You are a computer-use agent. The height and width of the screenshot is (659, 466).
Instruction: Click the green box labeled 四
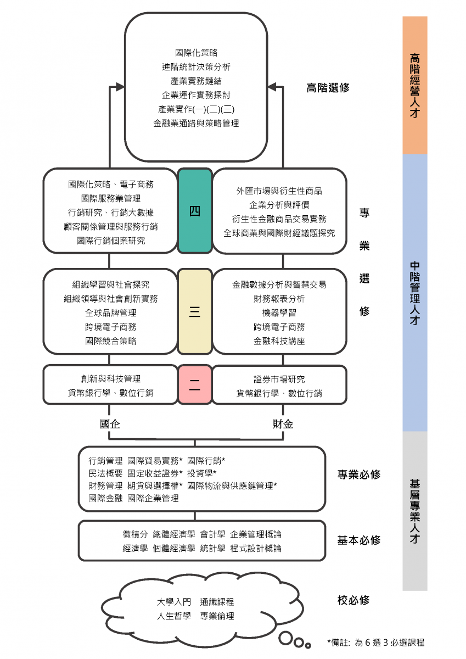coord(195,211)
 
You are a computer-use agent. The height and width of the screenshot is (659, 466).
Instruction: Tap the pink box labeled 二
coord(195,385)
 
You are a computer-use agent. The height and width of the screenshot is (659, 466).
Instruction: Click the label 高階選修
coord(328,88)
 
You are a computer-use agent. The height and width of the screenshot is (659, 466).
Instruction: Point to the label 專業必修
coord(358,474)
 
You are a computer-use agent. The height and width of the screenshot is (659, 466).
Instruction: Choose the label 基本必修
coord(358,540)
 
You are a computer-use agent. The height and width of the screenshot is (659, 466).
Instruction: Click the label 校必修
coord(353,600)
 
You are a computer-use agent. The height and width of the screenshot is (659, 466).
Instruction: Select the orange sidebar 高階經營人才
coord(415,85)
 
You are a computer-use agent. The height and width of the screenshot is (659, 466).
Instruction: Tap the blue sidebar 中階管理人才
coord(415,293)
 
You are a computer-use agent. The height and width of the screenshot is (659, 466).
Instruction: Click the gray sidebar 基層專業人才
coord(415,511)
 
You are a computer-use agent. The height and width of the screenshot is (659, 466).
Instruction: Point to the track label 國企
coord(110,424)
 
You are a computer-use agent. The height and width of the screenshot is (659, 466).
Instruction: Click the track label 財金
coord(283,424)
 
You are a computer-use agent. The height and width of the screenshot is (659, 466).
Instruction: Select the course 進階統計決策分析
coord(196,67)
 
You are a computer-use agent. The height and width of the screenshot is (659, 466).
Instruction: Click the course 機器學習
coord(279,313)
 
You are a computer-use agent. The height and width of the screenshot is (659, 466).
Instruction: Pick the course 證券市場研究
coord(279,379)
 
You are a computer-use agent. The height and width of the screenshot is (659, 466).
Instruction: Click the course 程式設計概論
coord(256,548)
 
